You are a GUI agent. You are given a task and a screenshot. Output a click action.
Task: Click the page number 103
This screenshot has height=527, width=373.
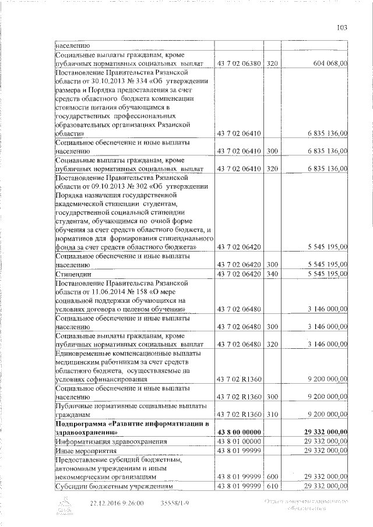pyautogui.click(x=342, y=26)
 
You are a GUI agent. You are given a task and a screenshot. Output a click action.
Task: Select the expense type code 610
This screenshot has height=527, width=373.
pyautogui.click(x=272, y=486)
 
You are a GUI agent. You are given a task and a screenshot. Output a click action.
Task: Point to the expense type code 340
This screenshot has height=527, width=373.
pyautogui.click(x=272, y=274)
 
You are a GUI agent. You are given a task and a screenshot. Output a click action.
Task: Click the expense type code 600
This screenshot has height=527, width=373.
pyautogui.click(x=272, y=476)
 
